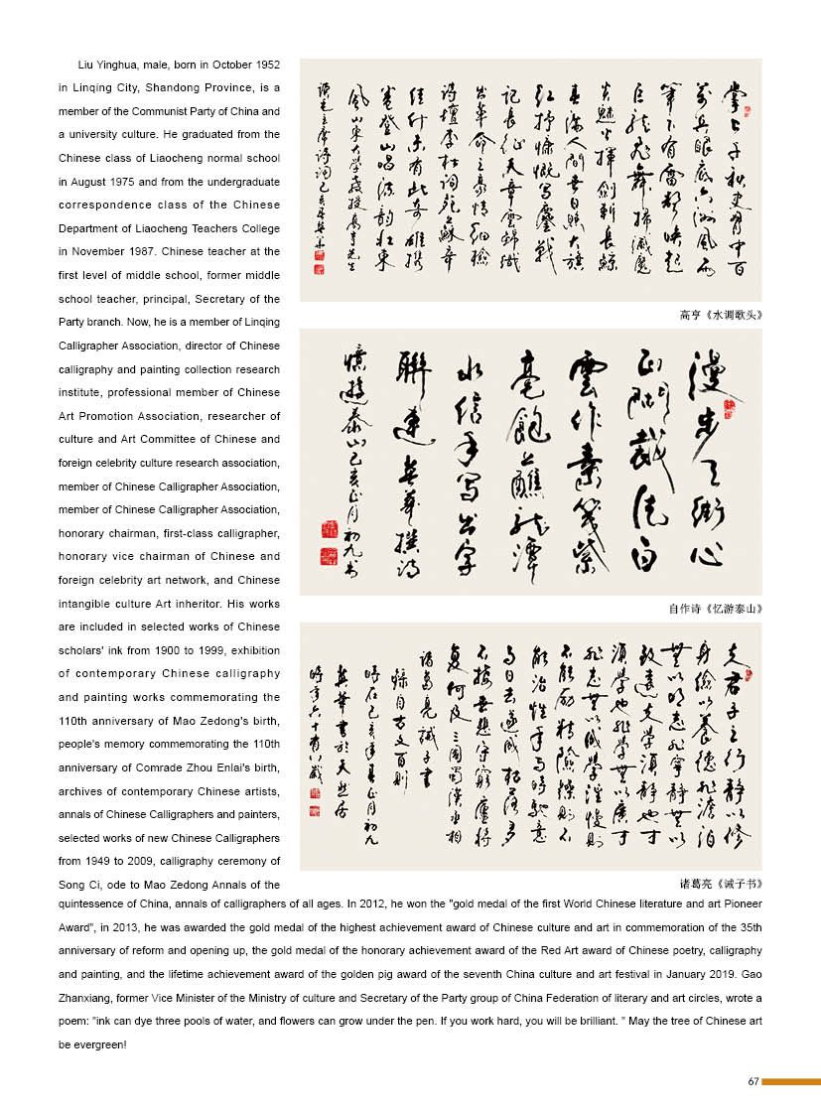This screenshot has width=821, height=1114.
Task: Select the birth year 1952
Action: [264, 64]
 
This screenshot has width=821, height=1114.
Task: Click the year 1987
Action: [139, 252]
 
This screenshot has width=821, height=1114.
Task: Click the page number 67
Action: [753, 1081]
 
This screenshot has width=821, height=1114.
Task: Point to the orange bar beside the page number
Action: [791, 1081]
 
